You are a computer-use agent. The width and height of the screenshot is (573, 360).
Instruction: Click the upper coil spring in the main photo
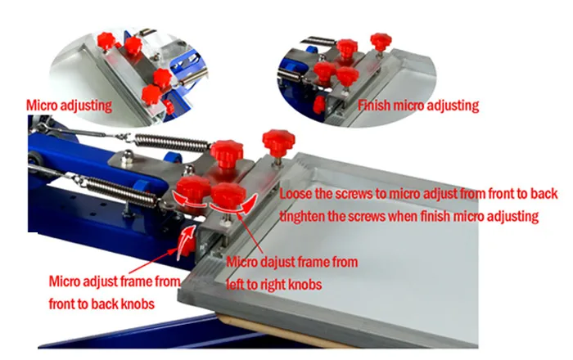pyautogui.click(x=173, y=142)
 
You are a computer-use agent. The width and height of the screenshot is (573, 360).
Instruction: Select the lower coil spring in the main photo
pyautogui.click(x=121, y=190)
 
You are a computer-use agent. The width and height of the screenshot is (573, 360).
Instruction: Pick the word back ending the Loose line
pyautogui.click(x=544, y=194)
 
